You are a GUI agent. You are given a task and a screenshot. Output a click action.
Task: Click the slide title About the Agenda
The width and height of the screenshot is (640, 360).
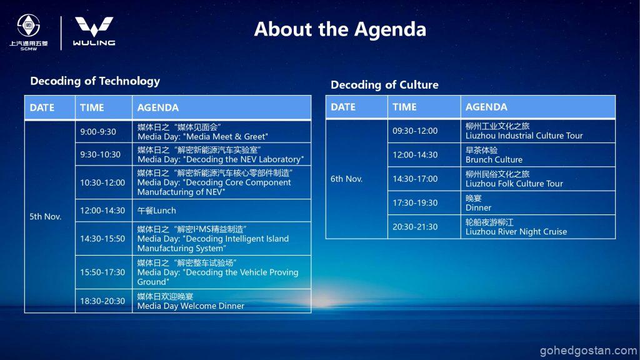[340, 29]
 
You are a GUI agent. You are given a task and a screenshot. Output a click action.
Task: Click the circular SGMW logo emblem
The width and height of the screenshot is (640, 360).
[29, 25]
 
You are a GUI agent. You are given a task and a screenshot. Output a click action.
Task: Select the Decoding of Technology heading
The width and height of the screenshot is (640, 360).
[95, 81]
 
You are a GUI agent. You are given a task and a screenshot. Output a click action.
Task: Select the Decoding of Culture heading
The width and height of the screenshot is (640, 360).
[384, 85]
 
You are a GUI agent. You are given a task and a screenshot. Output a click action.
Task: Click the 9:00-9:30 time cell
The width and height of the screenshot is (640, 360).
[104, 132]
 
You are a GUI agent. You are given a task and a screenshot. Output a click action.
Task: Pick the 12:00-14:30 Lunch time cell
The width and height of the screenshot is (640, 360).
[104, 211]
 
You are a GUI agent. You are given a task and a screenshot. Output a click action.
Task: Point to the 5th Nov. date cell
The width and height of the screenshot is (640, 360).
[50, 217]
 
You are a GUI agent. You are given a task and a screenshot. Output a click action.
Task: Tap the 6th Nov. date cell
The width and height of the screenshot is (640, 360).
[357, 179]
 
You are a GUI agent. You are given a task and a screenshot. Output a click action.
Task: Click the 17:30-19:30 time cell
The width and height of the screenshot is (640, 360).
[424, 203]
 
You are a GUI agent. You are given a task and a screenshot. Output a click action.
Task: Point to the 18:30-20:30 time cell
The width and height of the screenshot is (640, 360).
[104, 301]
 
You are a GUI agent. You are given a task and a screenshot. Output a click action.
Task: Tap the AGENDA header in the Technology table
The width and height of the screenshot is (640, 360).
[158, 107]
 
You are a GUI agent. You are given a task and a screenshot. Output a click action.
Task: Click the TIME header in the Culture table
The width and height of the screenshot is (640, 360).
[404, 107]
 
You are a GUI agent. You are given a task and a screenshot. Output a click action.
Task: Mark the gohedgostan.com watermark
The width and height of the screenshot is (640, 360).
[588, 351]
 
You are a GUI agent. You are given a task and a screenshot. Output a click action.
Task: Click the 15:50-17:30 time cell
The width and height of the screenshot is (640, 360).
[104, 272]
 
